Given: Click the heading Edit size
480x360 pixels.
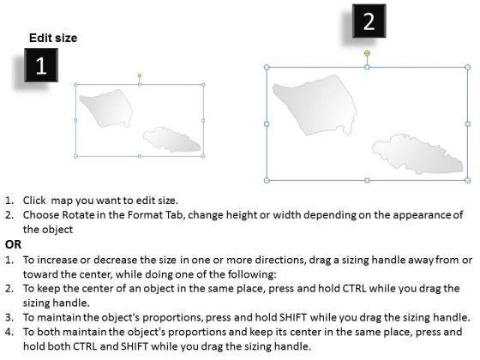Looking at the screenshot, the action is [53, 38].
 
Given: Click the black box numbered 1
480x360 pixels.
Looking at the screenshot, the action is [41, 65].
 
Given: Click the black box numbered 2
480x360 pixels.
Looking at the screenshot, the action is [369, 21].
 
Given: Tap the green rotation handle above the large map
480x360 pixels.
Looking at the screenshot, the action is [367, 53].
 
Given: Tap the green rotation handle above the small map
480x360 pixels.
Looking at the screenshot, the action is [140, 75].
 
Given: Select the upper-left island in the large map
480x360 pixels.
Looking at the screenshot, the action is [315, 105].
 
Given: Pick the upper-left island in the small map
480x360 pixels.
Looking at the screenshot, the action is [106, 108].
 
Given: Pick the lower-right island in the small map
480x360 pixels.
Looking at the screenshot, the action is [171, 140].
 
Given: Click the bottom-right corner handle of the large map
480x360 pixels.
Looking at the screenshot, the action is [467, 180].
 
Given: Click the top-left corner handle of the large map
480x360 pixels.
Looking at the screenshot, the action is [267, 67].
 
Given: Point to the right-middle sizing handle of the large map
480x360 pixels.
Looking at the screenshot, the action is [467, 123].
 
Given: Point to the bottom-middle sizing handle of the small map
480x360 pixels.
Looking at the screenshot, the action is [140, 156].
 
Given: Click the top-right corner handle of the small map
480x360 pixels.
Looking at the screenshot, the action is [203, 85].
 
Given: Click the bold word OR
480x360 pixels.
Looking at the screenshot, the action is [13, 244].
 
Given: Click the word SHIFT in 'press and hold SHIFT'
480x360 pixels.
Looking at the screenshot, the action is [293, 317].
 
